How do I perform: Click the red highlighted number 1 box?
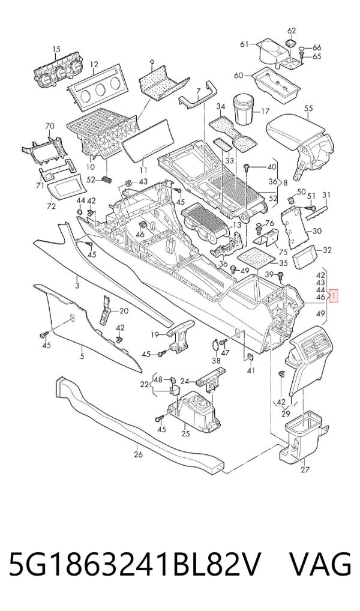point(334,296)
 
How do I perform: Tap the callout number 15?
point(56,49)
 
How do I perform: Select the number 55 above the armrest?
point(308,108)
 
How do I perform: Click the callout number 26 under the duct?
point(139,454)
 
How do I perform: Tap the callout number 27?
point(305,469)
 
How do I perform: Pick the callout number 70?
point(49,126)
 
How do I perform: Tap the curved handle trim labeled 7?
point(197,100)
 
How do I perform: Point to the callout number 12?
point(94,64)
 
